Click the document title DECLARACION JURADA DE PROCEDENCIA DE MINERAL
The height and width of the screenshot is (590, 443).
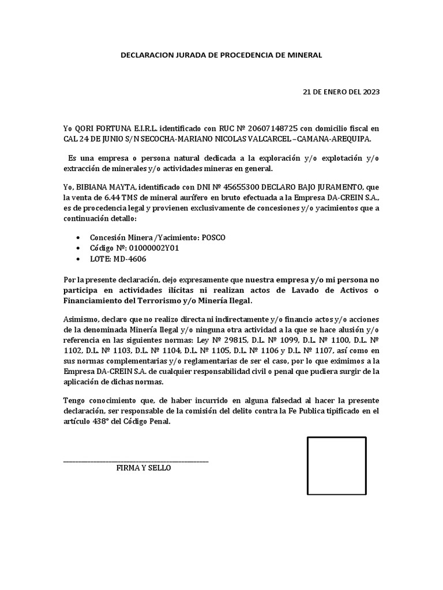click(221, 55)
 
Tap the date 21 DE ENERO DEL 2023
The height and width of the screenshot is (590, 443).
click(341, 92)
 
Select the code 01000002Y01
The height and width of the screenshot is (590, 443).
click(146, 248)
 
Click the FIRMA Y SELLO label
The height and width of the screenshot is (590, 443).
click(144, 468)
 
